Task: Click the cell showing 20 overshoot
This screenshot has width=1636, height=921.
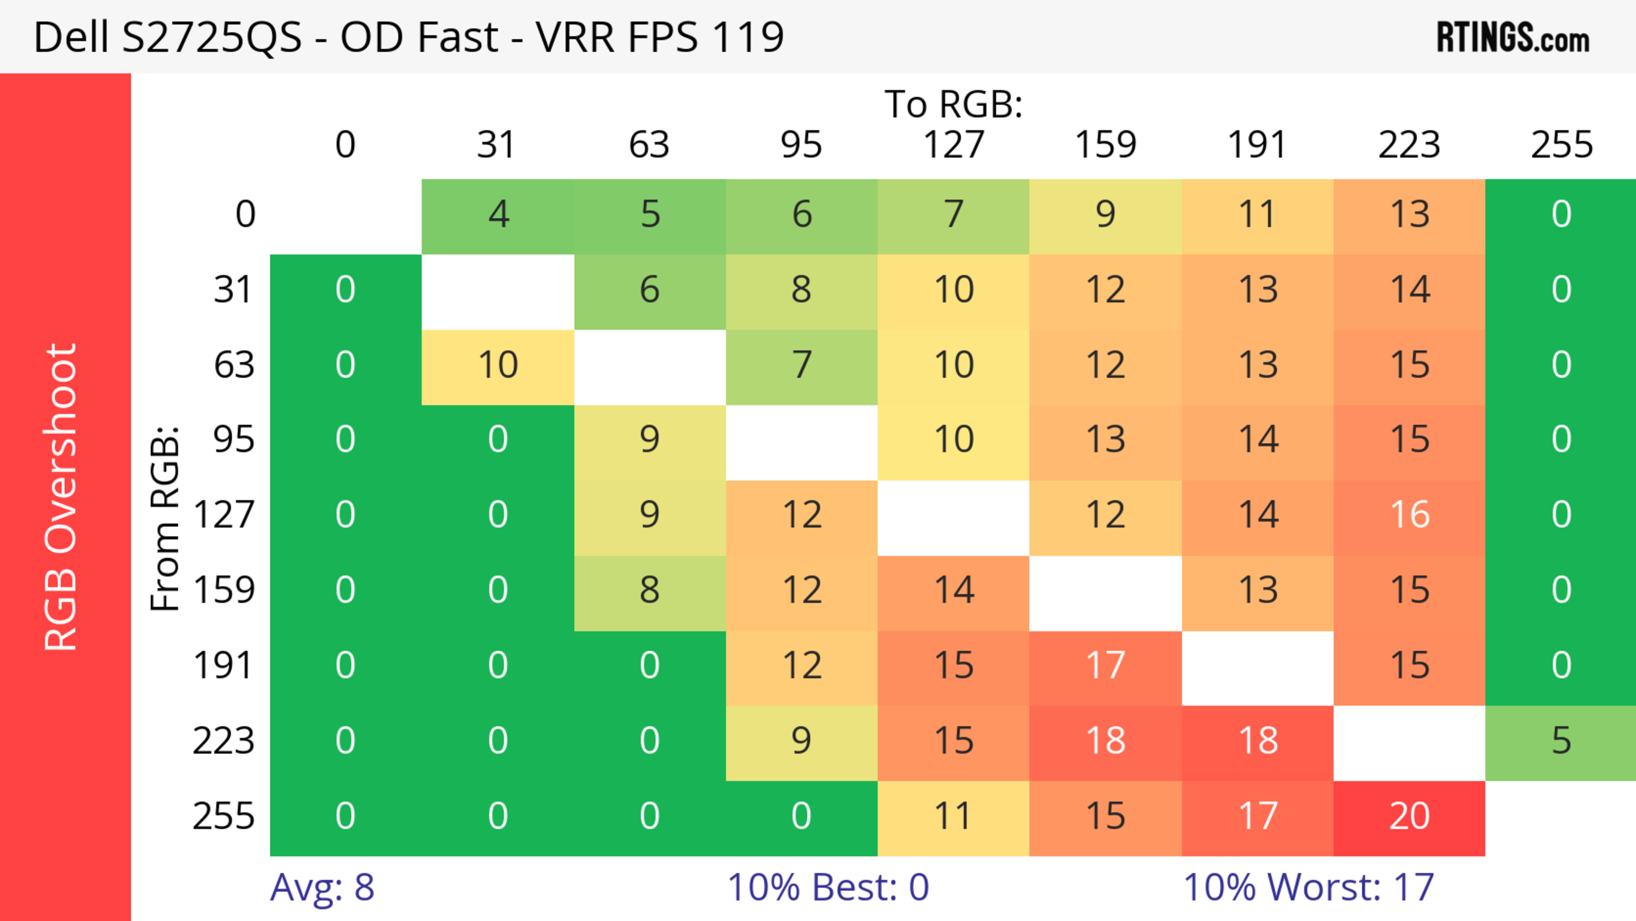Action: [x=1409, y=817]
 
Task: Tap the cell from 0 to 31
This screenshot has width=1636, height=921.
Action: [x=498, y=216]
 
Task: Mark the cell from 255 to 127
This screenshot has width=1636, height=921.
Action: [x=953, y=817]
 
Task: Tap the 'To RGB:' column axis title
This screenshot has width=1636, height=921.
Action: [x=953, y=104]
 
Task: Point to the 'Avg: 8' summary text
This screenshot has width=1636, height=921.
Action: [x=322, y=887]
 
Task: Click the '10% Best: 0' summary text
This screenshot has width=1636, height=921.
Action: [x=827, y=887]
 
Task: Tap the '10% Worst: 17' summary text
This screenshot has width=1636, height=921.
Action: [x=1308, y=887]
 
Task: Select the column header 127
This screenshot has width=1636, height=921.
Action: [x=953, y=145]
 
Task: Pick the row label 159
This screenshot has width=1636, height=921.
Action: [x=224, y=591]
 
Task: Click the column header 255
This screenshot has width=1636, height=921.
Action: [x=1561, y=145]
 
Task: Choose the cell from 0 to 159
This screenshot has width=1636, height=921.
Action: [x=1105, y=216]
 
